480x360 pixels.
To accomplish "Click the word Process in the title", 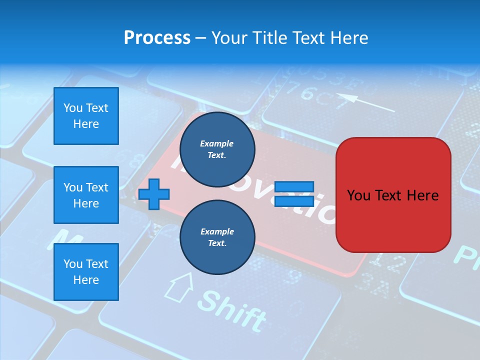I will pos(157,38).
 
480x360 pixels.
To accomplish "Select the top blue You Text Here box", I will pos(86,116).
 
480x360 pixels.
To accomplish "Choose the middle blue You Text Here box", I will pos(86,195).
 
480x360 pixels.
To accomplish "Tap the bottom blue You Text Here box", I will pos(86,271).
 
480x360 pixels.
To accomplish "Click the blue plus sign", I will pos(154,194).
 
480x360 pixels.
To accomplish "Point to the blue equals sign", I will pos(294,194).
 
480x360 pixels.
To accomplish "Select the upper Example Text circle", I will pos(217,149).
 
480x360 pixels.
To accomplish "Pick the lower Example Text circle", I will pos(217,237).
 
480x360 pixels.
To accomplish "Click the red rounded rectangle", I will pos(393,195).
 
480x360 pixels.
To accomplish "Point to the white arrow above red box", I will pos(364,102).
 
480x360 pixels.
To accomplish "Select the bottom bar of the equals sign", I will pos(294,201).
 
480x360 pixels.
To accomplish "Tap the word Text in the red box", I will pos(393,195).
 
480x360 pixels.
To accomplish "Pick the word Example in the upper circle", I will pos(217,143).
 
